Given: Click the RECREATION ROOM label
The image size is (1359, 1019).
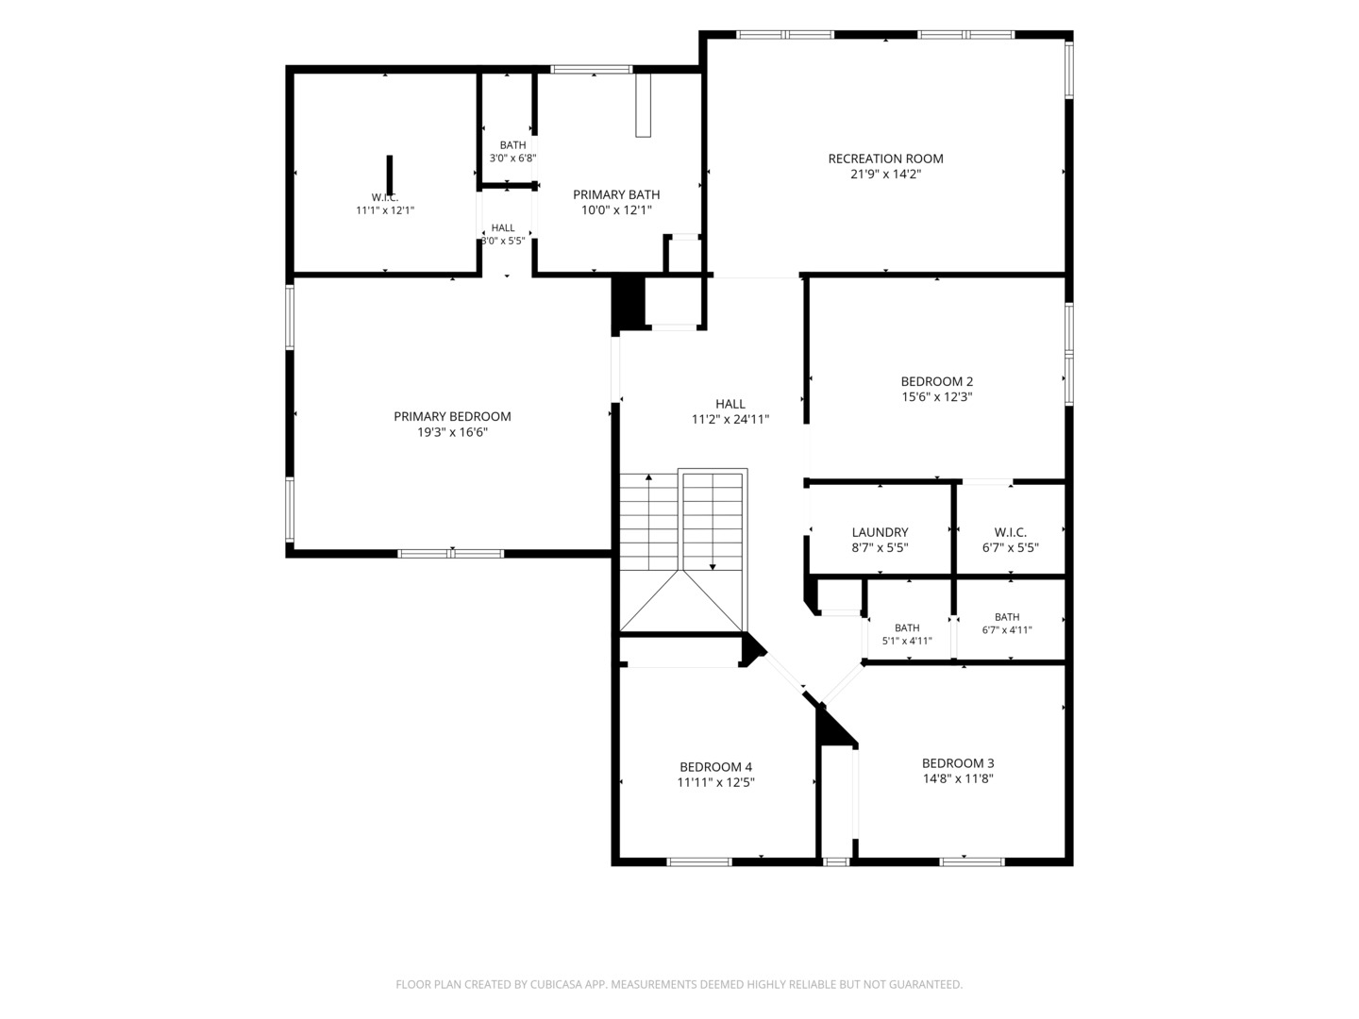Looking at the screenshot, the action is (x=885, y=159).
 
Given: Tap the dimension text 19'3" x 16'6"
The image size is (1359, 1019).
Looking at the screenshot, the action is (x=453, y=432).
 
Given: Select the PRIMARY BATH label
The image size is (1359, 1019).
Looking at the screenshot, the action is (x=616, y=194).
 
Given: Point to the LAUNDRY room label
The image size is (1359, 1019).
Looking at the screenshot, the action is (x=880, y=532).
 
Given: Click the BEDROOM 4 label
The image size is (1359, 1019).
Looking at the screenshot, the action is (x=715, y=767).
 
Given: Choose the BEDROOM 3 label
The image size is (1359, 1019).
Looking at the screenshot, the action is (x=958, y=763).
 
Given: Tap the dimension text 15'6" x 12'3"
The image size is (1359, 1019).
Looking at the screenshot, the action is (x=937, y=396).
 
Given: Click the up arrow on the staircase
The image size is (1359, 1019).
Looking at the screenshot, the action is (x=648, y=521).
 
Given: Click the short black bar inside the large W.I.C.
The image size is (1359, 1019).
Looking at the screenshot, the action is (x=390, y=175).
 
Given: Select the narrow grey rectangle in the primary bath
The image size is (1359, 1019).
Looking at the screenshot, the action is (x=644, y=105).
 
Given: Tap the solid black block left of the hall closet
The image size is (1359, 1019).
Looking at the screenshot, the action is (x=629, y=303).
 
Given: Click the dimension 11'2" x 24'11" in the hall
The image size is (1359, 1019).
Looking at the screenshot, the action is (x=730, y=420).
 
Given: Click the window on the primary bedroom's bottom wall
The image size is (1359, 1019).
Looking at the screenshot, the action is (x=451, y=554).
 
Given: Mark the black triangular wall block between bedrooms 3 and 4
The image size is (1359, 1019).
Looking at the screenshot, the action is (x=835, y=726).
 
